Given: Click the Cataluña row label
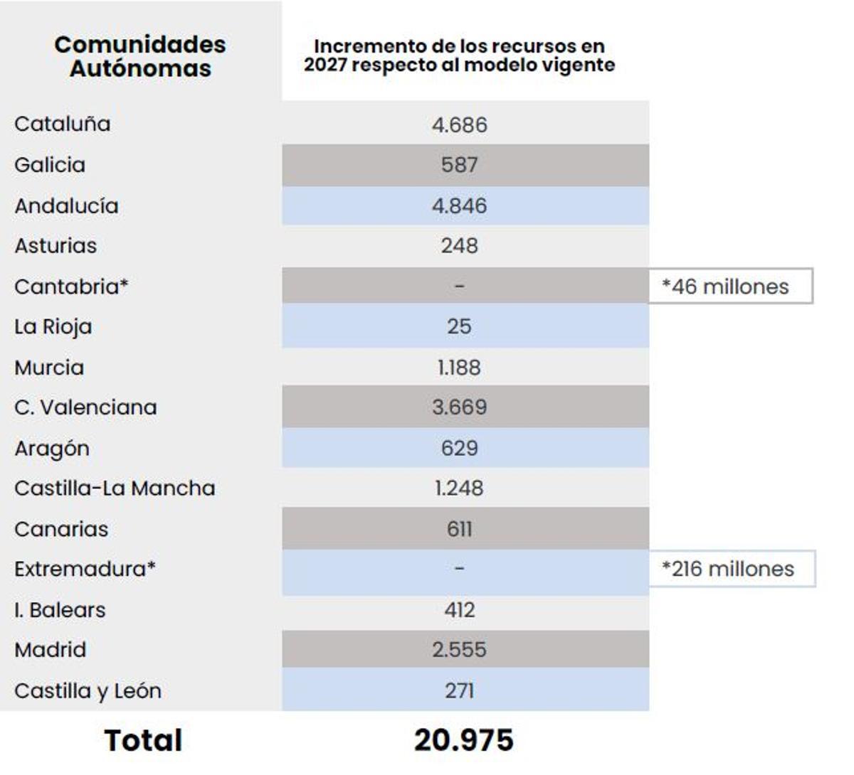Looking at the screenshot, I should tap(63, 124).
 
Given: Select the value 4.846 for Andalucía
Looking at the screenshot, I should tap(459, 206).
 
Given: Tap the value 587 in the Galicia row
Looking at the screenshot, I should tap(459, 165).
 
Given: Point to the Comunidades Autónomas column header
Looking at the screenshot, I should tap(140, 56).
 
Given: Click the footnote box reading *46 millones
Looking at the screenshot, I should tap(729, 287).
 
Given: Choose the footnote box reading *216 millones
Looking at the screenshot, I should tap(731, 569).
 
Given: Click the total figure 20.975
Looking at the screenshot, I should tap(463, 740).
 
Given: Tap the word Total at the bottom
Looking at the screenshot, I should tap(143, 740).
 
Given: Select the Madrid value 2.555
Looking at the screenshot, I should tap(459, 650).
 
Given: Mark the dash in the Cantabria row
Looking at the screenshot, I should tap(459, 287).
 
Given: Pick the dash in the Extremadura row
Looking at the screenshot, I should tap(459, 569).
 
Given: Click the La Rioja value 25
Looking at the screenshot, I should tap(459, 327).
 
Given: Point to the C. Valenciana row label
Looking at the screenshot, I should tap(85, 407).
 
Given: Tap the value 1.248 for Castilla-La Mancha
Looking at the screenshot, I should tap(459, 488).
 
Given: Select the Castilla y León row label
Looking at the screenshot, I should tap(88, 691).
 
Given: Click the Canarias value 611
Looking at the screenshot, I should tap(459, 529).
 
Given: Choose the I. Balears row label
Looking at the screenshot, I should tap(60, 610).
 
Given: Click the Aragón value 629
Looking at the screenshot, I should tap(459, 449).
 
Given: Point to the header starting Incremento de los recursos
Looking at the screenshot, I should tap(459, 55).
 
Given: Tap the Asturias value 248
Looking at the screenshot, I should tap(459, 246).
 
